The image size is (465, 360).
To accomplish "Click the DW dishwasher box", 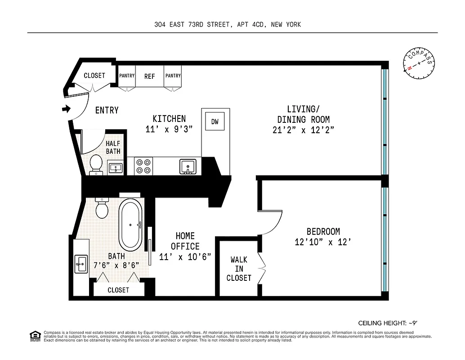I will pos(215,121).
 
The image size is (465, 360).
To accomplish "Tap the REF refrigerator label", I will pos(149,76).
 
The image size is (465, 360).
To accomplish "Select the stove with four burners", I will pos(144,166).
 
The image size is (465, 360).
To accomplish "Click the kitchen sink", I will pos(187,166).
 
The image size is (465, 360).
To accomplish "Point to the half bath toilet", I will pos(95,164).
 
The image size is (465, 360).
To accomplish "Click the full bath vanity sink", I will pos(81,263).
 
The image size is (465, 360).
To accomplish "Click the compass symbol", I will pos(419,63).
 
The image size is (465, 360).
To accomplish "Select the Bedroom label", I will pos(323,232).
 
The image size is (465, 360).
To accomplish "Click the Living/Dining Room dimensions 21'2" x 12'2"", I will pos(303,130).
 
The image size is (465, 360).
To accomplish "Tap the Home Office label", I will pos(185,241).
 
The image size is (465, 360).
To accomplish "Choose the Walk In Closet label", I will pos(238,269).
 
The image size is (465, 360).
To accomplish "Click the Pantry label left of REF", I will pos(127,76).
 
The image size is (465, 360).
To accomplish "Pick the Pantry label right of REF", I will pos(172,76).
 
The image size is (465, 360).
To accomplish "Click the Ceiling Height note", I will pos(389,323).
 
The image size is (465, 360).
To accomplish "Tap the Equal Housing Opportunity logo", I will pos(34,335).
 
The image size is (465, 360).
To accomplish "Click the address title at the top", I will pos(228,25).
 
